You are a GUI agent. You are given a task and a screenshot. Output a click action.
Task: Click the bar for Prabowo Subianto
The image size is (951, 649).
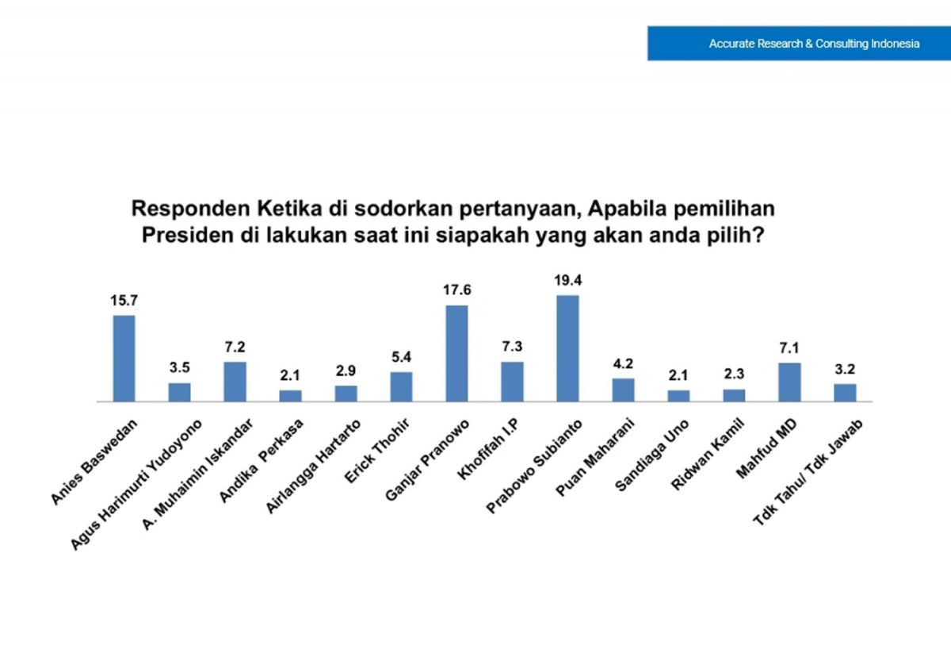pos(567,348)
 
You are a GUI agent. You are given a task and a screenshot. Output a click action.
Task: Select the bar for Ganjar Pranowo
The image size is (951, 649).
pos(456,353)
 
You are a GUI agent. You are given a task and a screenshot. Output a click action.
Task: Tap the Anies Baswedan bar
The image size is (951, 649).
pos(124,359)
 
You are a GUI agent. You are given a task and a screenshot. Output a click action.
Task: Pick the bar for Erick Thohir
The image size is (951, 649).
pos(401,387)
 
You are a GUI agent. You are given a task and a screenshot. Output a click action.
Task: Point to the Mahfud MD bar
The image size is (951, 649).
pos(789,382)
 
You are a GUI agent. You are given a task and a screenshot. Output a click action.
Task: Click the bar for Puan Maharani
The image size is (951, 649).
pos(623,390)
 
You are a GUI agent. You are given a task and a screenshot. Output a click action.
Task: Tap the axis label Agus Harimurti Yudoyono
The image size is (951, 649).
pos(138,483)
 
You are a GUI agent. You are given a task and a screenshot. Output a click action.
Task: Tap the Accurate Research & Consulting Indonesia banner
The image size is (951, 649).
pos(799,44)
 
